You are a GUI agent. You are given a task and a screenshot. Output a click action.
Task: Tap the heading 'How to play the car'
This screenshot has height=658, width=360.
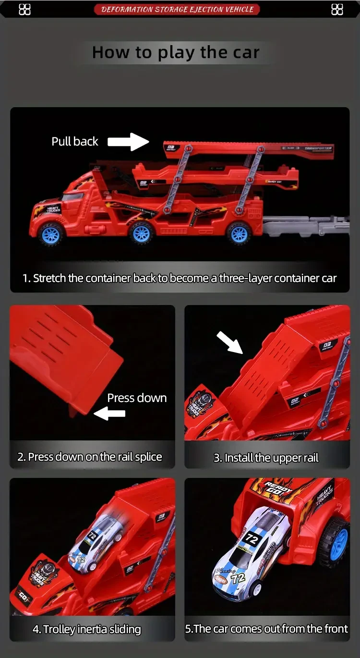pos(176,52)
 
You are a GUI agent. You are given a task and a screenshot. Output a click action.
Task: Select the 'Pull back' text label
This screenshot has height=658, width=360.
pos(75,141)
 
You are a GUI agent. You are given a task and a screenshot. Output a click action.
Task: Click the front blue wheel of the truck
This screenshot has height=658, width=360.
pos(51,234)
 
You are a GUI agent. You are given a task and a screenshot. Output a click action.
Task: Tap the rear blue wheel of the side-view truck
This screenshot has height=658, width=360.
pos(239,233)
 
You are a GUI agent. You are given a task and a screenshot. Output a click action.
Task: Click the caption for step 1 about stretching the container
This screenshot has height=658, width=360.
pos(180,278)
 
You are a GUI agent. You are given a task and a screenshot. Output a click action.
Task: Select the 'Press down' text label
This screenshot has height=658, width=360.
pos(137,398)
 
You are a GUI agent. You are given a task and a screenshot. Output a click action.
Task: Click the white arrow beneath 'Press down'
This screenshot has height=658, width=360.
pos(109,413)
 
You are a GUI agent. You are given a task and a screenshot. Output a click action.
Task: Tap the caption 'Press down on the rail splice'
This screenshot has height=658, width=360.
pos(90,457)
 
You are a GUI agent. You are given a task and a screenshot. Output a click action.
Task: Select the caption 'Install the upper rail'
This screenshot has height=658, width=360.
pos(266,458)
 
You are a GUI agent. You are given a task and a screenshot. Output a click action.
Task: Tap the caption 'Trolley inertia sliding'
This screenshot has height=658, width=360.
pos(87,629)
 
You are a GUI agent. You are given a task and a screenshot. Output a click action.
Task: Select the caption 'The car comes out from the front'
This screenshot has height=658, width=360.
pos(266,629)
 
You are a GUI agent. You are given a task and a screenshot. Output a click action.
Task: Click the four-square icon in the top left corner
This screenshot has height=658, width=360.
pos(24,9)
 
